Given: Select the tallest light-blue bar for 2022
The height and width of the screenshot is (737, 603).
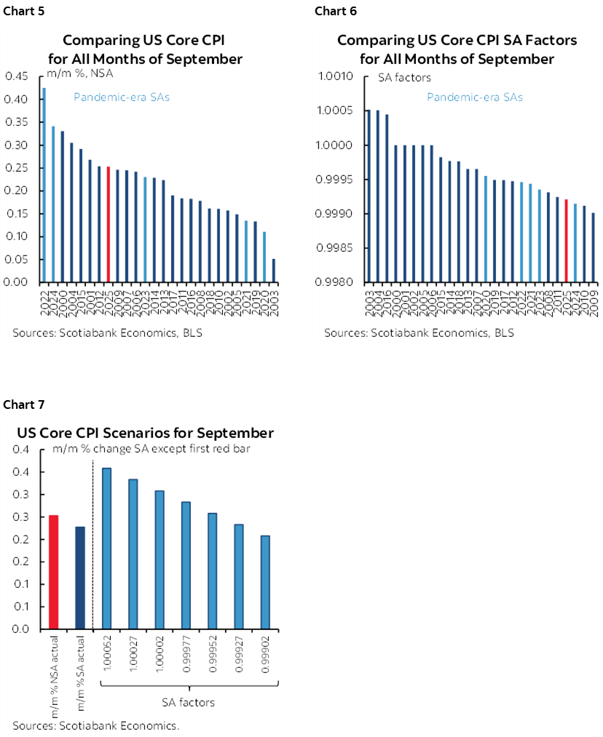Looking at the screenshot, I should (44, 185).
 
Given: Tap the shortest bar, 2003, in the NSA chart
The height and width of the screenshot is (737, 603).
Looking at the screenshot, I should (274, 270).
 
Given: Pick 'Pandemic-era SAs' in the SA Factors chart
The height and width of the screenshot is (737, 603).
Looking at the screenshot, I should (474, 97).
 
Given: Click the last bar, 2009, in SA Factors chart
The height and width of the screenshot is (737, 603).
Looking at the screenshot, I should (594, 247).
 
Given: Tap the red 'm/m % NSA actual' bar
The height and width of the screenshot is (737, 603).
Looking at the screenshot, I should (53, 572).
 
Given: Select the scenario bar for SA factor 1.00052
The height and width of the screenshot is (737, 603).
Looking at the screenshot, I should (107, 548).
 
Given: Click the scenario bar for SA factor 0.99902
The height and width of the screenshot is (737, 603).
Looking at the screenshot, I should (265, 582).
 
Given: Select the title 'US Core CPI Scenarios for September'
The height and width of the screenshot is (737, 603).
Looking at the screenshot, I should (146, 433).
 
